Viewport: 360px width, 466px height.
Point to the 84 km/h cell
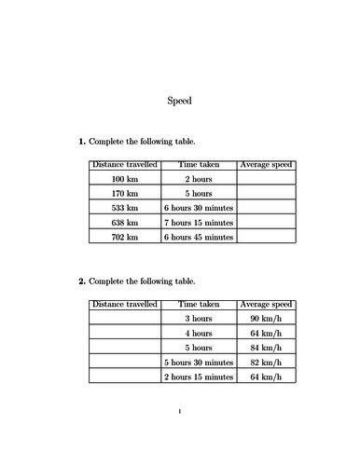(266, 348)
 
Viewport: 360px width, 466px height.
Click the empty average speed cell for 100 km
(266, 178)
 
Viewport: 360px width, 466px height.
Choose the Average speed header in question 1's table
(266, 164)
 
